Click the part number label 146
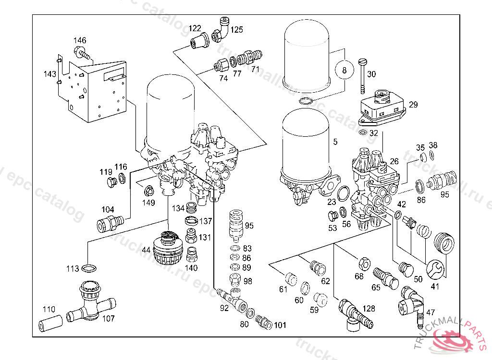pyautogui.click(x=80, y=40)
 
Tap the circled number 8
pyautogui.click(x=344, y=72)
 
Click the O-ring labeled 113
pyautogui.click(x=88, y=267)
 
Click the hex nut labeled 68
pyautogui.click(x=363, y=264)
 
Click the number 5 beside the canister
pyautogui.click(x=335, y=142)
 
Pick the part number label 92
pyautogui.click(x=224, y=308)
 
